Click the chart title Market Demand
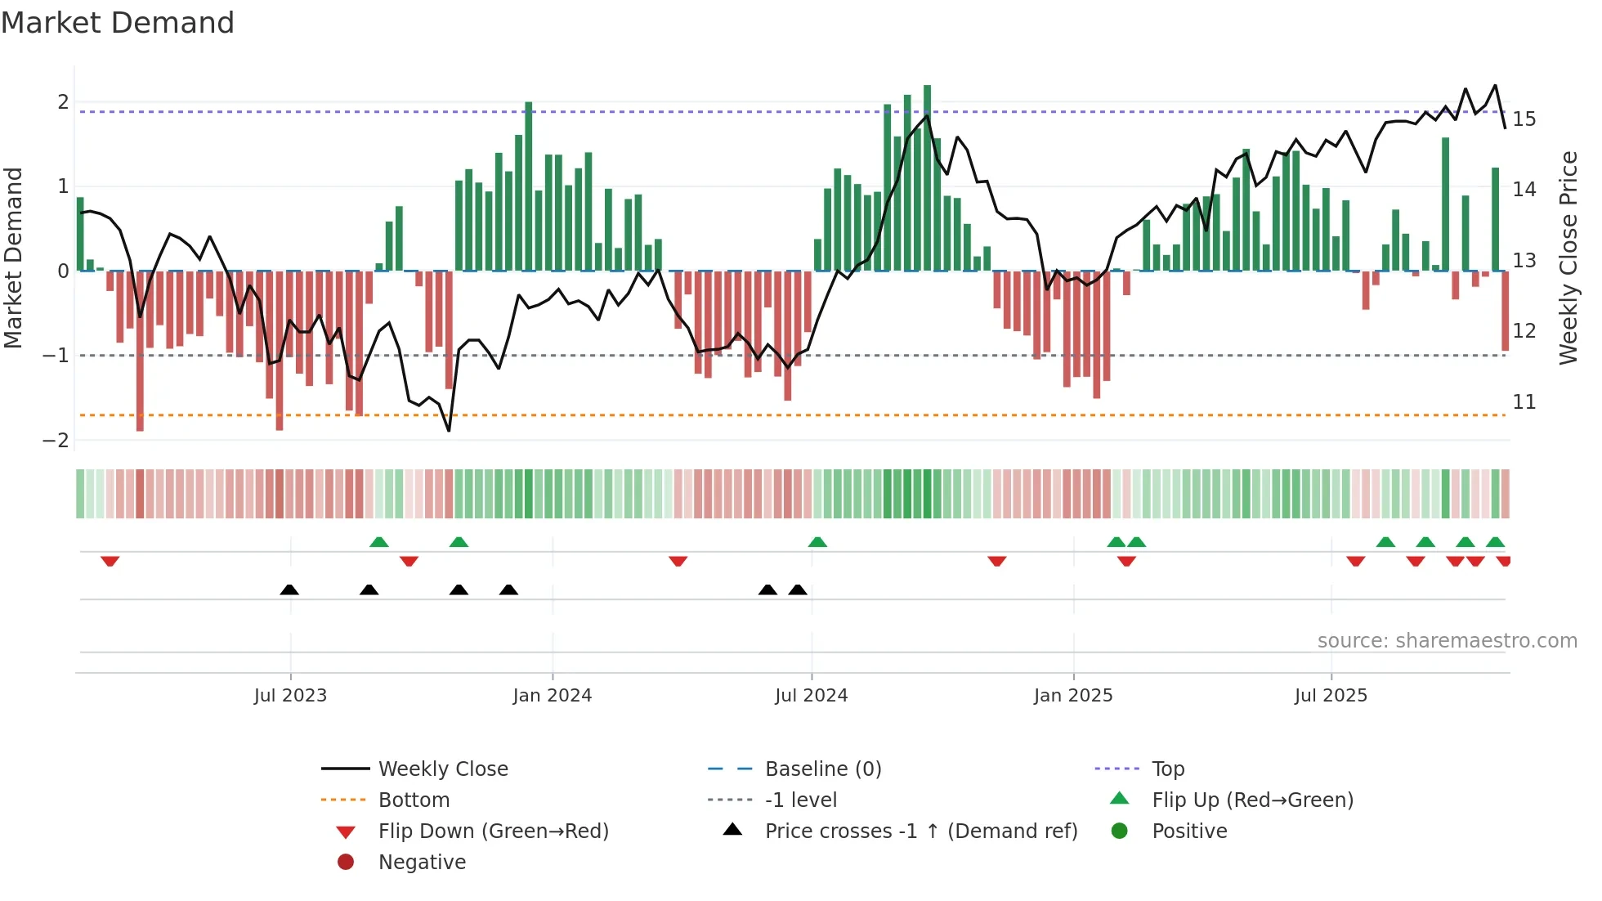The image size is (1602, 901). [x=118, y=23]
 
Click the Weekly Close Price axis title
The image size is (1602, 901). [x=1568, y=258]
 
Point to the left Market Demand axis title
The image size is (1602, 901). [x=13, y=258]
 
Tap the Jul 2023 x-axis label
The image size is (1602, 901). [x=290, y=696]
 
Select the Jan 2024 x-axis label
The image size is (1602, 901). [x=552, y=696]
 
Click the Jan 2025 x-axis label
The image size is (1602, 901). [x=1072, y=696]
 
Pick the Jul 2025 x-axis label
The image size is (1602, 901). [x=1330, y=696]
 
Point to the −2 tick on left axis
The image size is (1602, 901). [x=56, y=441]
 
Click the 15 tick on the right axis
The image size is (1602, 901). [x=1524, y=119]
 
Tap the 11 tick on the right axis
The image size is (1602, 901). [x=1524, y=402]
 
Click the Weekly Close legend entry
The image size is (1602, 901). [x=442, y=769]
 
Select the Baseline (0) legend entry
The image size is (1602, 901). [x=822, y=769]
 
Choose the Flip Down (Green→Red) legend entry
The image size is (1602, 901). [x=493, y=832]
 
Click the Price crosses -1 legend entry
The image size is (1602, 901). [x=920, y=832]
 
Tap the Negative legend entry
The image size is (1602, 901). [x=422, y=863]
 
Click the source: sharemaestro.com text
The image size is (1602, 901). [x=1447, y=641]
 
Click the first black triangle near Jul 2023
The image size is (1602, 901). [x=289, y=590]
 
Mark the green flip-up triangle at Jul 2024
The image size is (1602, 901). [x=817, y=542]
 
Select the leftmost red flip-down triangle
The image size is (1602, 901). [x=110, y=561]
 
